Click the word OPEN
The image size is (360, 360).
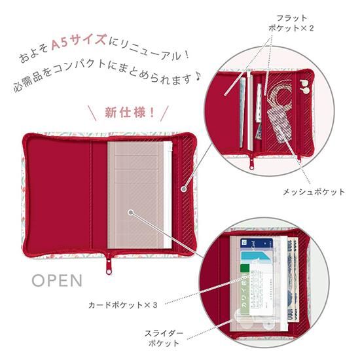pyautogui.click(x=57, y=280)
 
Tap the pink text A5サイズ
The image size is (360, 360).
pyautogui.click(x=79, y=41)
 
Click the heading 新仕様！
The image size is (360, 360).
pyautogui.click(x=130, y=113)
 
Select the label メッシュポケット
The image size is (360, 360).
pyautogui.click(x=314, y=192)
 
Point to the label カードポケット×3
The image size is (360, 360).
pyautogui.click(x=123, y=305)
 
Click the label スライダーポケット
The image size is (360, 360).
pyautogui.click(x=164, y=338)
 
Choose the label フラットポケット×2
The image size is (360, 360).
pyautogui.click(x=291, y=23)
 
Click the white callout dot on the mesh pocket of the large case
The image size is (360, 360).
pyautogui.click(x=183, y=189)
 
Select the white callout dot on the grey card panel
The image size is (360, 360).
pyautogui.click(x=131, y=212)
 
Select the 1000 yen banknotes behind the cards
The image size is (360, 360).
pyautogui.click(x=293, y=278)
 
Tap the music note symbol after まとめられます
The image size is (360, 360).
pyautogui.click(x=198, y=78)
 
